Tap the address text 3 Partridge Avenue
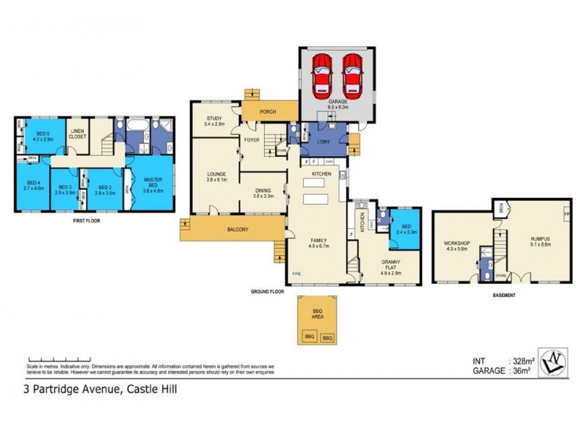pyautogui.click(x=70, y=390)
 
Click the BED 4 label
pyautogui.click(x=34, y=186)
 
